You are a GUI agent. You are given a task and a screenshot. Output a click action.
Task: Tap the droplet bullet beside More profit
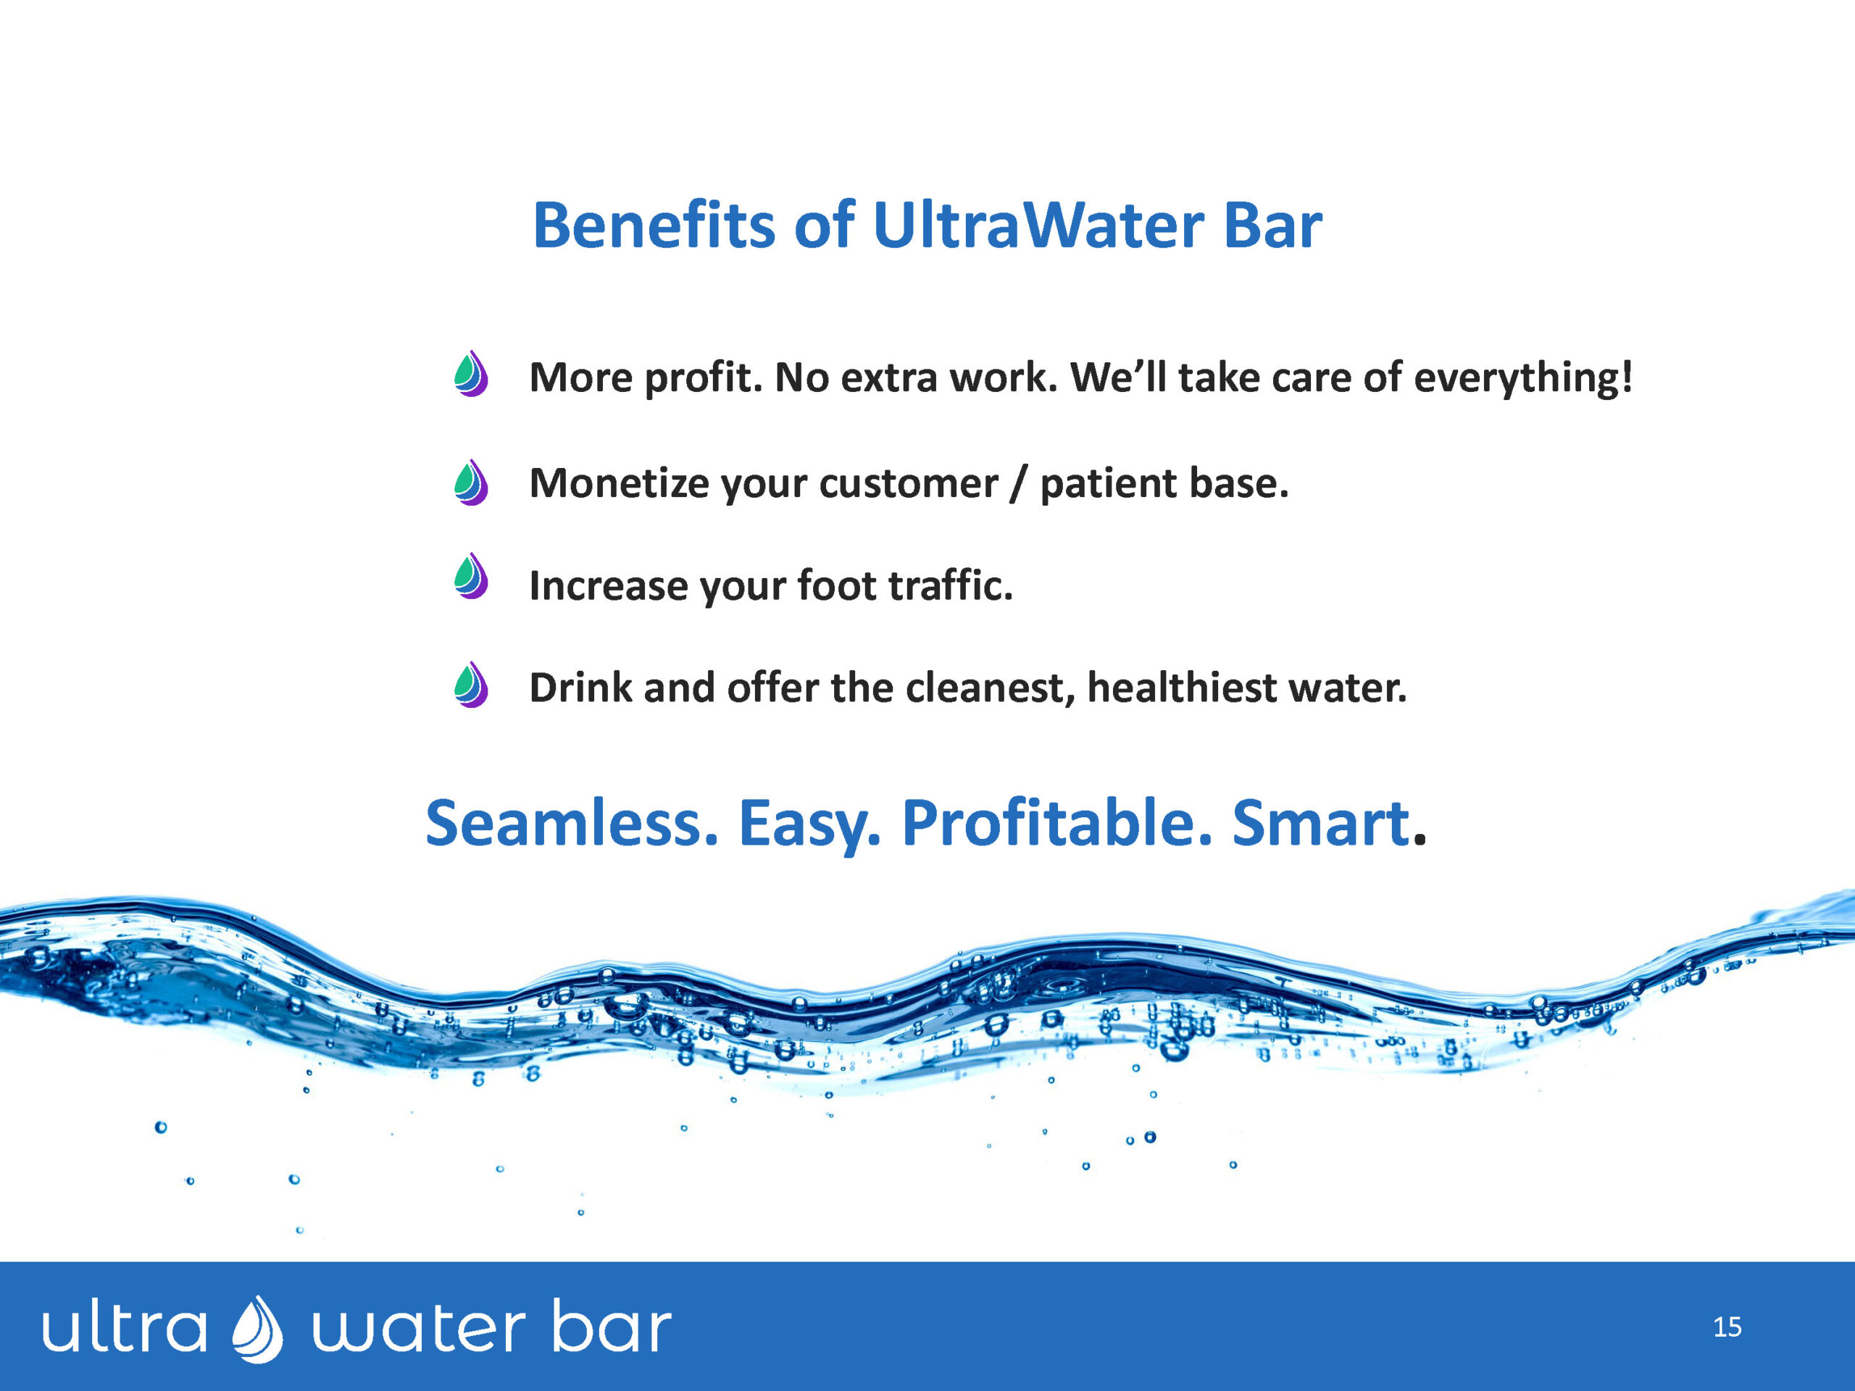pos(471,373)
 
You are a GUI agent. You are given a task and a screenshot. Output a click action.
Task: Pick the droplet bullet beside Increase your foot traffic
pos(471,575)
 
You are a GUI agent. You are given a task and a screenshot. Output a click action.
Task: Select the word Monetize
pos(619,484)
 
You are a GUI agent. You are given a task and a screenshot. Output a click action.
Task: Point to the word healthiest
pos(1183,688)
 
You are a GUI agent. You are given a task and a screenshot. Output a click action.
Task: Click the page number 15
pos(1727,1327)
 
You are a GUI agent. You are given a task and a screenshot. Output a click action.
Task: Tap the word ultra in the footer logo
pos(124,1327)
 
